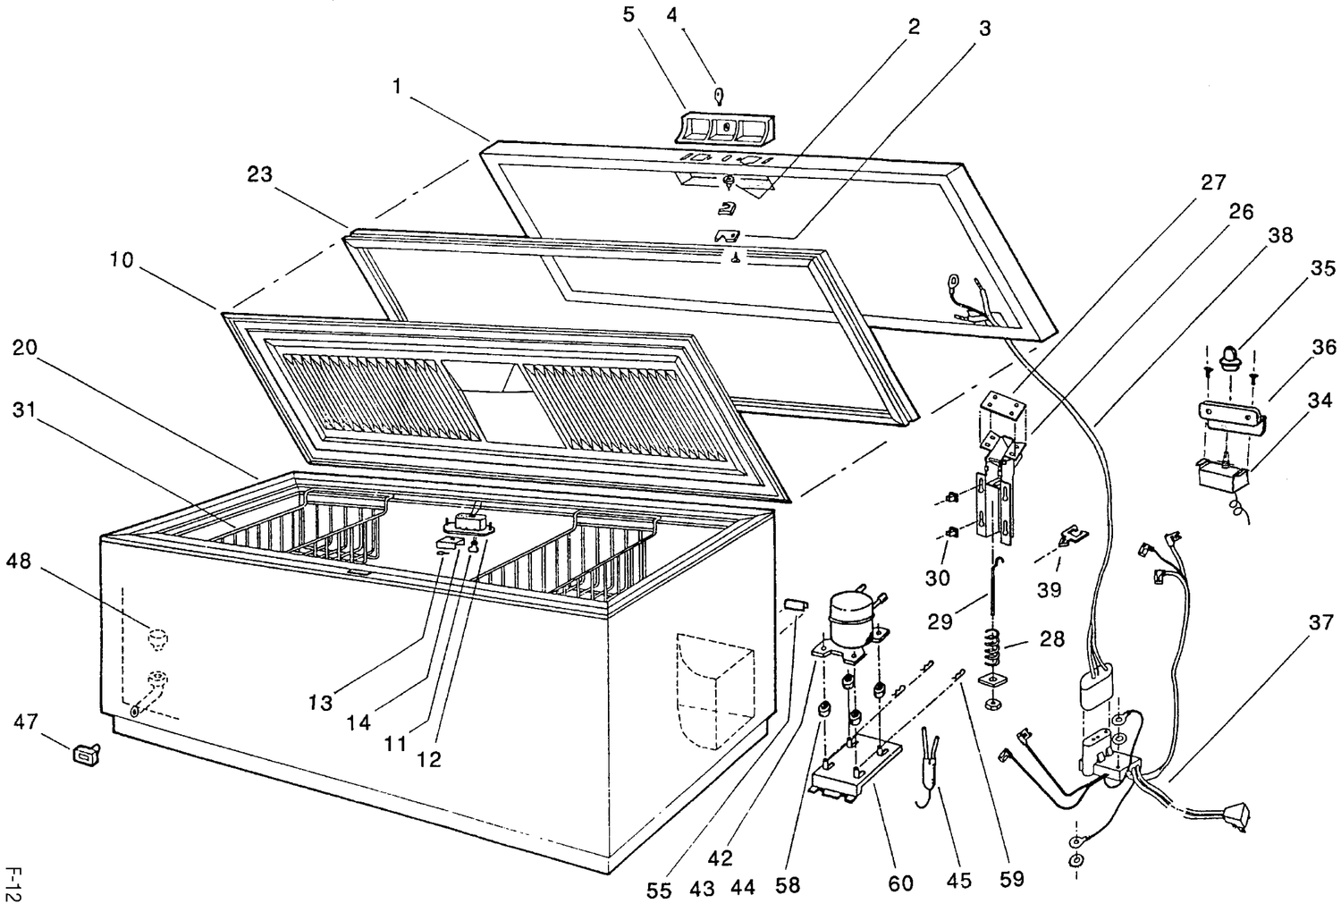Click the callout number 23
point(259,174)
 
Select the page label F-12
point(13,884)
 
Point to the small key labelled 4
point(720,97)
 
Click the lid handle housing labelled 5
point(724,128)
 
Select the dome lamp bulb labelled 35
point(1229,358)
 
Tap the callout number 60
point(900,882)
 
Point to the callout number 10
point(122,260)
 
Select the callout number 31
point(24,410)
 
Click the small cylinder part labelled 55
point(795,604)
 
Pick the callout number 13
point(320,702)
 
